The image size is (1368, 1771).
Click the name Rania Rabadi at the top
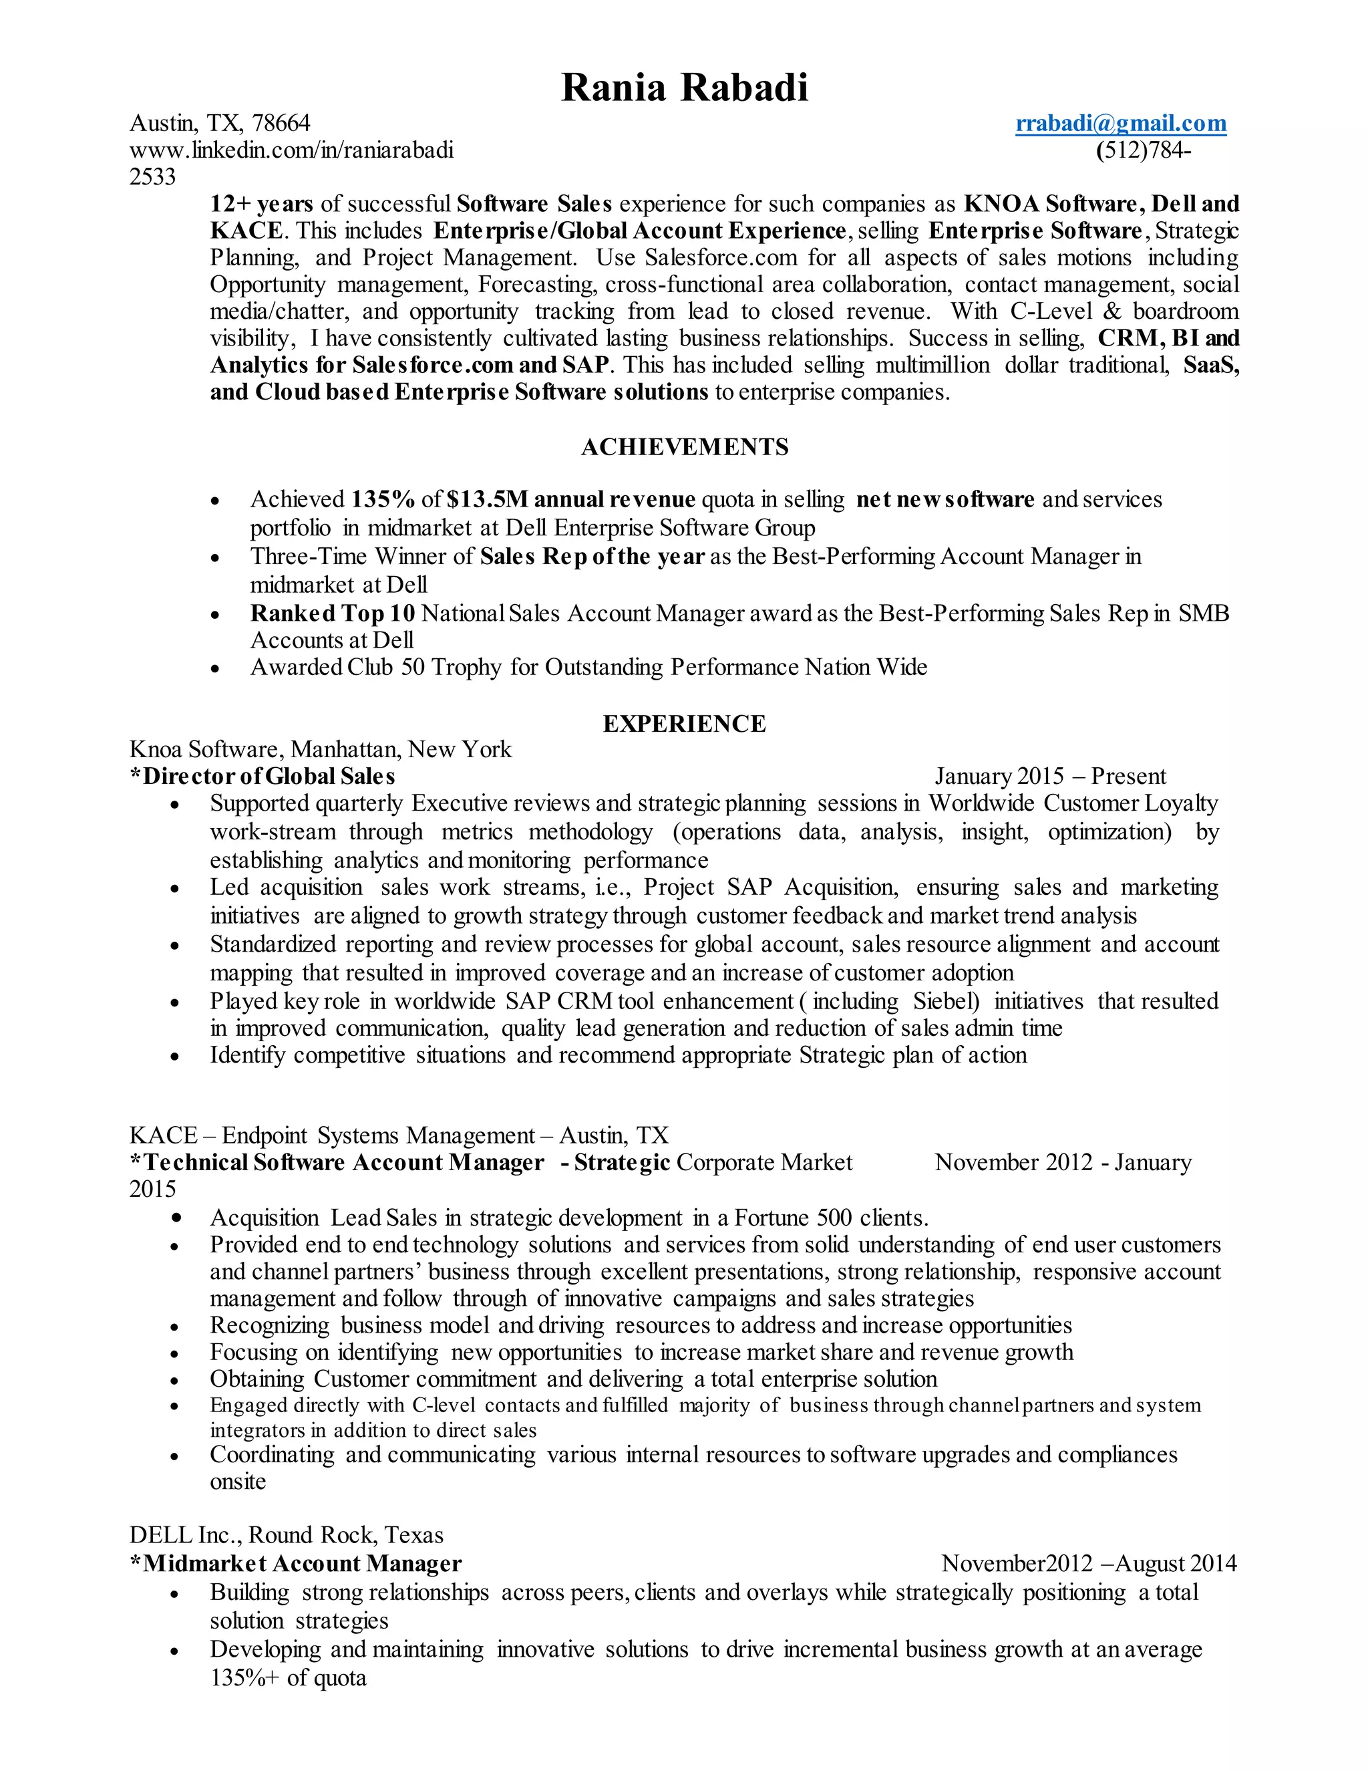coord(684,88)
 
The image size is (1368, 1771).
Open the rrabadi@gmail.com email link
coord(1121,123)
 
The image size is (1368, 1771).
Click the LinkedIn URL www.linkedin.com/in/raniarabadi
coord(291,150)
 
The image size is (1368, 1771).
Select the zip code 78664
coord(281,123)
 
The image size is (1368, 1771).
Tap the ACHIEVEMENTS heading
coord(684,447)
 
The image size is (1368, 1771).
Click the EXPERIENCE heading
coord(684,723)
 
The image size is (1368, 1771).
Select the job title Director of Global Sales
coord(269,776)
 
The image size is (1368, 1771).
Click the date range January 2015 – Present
coord(1049,776)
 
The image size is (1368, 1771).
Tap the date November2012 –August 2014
coord(1088,1563)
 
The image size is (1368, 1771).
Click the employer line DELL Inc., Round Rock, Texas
coord(286,1535)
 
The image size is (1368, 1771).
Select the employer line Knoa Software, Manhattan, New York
coord(320,749)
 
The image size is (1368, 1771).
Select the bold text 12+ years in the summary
coord(261,204)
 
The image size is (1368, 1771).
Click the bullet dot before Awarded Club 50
coord(215,669)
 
